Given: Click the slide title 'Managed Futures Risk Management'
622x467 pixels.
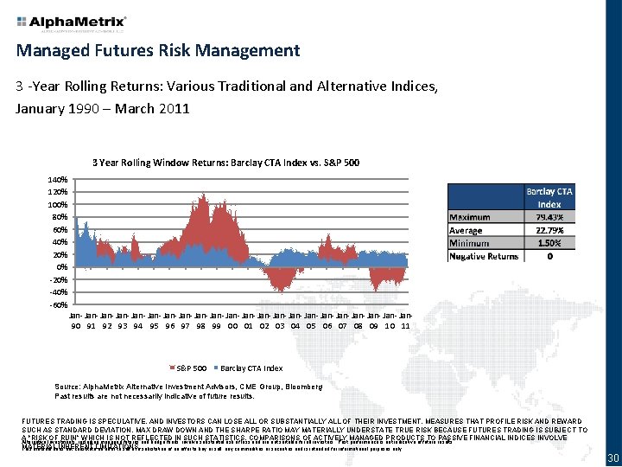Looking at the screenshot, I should click(x=158, y=50).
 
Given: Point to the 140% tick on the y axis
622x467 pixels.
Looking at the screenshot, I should click(x=58, y=179).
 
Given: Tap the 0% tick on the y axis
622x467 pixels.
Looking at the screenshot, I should click(x=62, y=268).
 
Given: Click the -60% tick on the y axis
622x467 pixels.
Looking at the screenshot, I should click(x=58, y=305).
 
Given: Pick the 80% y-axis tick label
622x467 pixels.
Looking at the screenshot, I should click(x=60, y=217).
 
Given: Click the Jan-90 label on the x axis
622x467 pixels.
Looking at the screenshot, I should click(x=76, y=321).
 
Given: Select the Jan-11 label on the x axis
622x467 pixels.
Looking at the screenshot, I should click(x=405, y=321).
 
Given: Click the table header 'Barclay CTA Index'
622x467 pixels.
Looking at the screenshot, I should click(x=549, y=197).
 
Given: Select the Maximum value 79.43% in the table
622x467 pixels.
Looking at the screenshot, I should click(x=549, y=217).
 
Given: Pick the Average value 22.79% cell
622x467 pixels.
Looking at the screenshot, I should click(x=549, y=230).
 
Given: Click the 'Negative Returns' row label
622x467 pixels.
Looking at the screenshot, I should click(x=484, y=256).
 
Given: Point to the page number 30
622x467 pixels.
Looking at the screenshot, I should click(x=612, y=457).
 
